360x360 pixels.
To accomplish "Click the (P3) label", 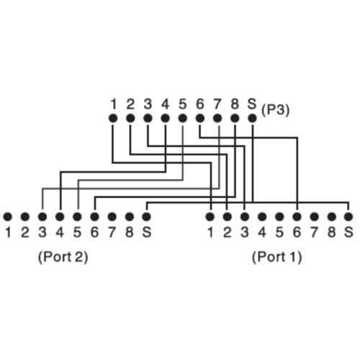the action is click(275, 110).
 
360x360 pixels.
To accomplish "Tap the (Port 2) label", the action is click(63, 257).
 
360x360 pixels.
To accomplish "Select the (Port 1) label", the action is click(276, 257).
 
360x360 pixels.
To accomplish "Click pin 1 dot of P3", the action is click(113, 118).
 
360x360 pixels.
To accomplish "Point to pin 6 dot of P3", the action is click(200, 118).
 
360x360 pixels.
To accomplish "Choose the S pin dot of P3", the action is click(252, 118).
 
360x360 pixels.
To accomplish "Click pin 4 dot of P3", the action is click(165, 118).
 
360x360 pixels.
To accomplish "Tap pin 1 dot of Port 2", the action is click(8, 217).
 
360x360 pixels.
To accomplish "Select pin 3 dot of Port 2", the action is click(42, 217).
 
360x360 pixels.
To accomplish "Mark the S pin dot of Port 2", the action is click(146, 217).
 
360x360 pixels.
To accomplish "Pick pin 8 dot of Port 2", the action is click(130, 217).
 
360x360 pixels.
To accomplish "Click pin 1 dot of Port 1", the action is click(210, 217).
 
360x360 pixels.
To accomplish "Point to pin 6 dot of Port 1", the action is click(297, 217).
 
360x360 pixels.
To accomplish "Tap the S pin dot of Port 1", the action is click(348, 217).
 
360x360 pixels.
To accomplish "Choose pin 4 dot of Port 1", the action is click(262, 217).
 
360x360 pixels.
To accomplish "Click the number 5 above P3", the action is click(183, 104).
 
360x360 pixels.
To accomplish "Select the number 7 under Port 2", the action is click(112, 233).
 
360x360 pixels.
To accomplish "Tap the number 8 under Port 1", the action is click(331, 233).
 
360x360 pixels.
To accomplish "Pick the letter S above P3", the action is click(252, 104).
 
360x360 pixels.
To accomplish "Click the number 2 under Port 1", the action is click(227, 233).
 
